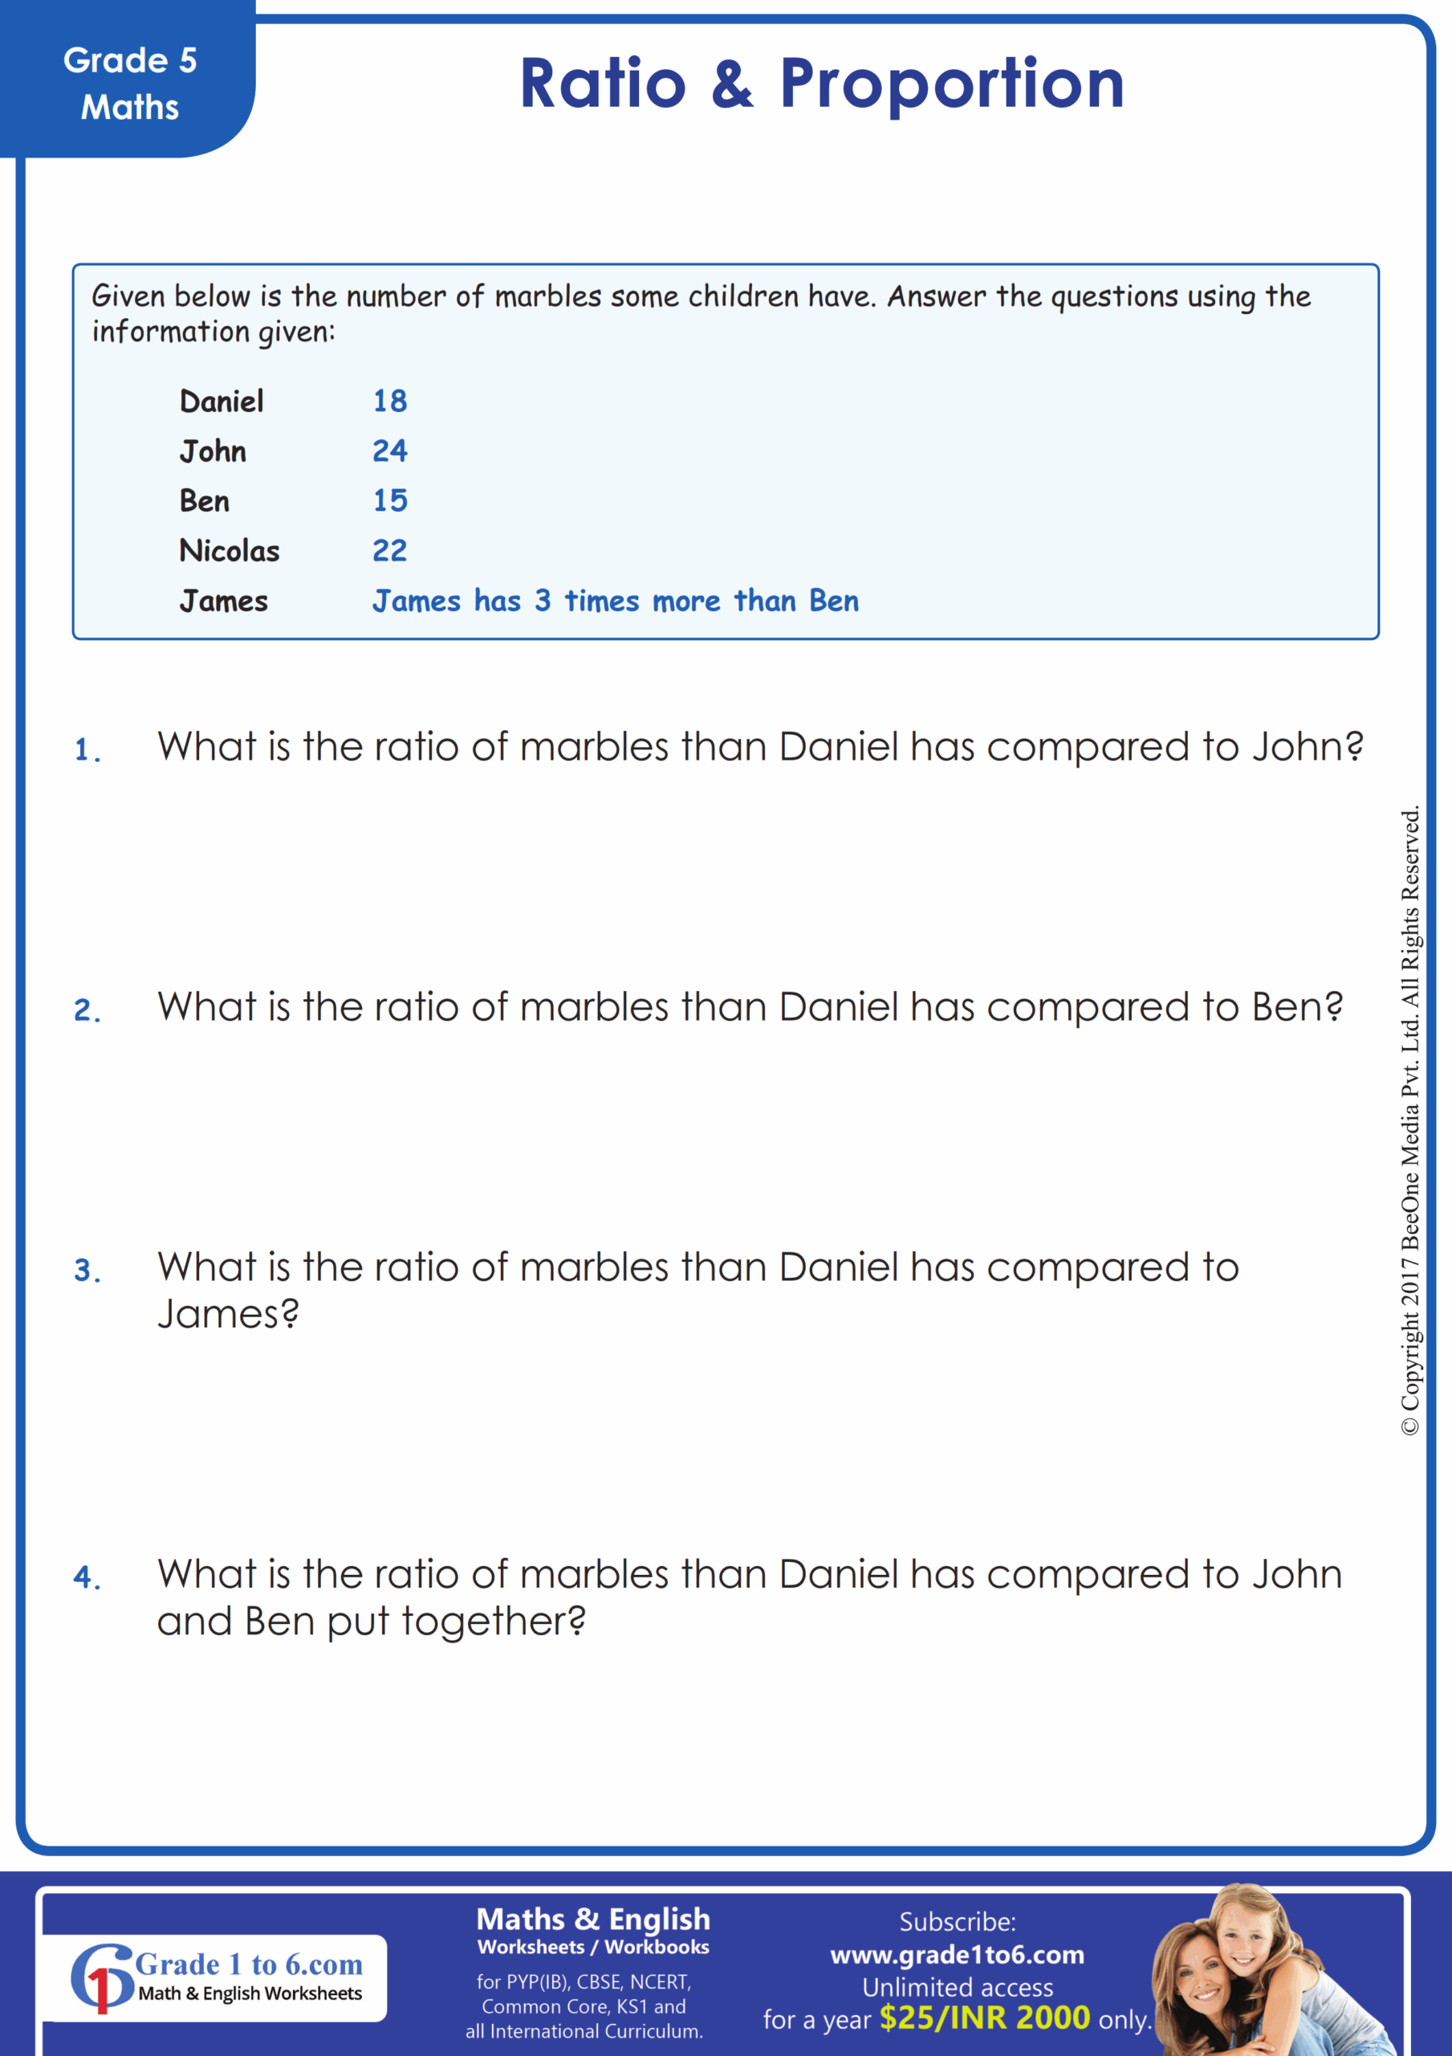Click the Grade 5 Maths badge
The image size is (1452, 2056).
(x=129, y=84)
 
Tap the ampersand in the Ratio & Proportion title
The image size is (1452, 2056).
(x=731, y=84)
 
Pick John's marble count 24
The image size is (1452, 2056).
(x=389, y=451)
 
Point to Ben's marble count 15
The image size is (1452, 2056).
(x=389, y=500)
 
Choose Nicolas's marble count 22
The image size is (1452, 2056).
(x=389, y=550)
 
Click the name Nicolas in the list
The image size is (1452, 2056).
(x=230, y=550)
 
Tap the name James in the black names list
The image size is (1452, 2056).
(x=223, y=600)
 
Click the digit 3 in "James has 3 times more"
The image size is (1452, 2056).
(x=543, y=600)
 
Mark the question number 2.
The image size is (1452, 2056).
(x=86, y=1010)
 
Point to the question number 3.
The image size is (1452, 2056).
(x=86, y=1270)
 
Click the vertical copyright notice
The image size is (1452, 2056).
(x=1410, y=1120)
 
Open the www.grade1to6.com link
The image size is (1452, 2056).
(x=957, y=1955)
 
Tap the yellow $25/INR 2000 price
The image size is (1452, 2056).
(x=984, y=2017)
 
